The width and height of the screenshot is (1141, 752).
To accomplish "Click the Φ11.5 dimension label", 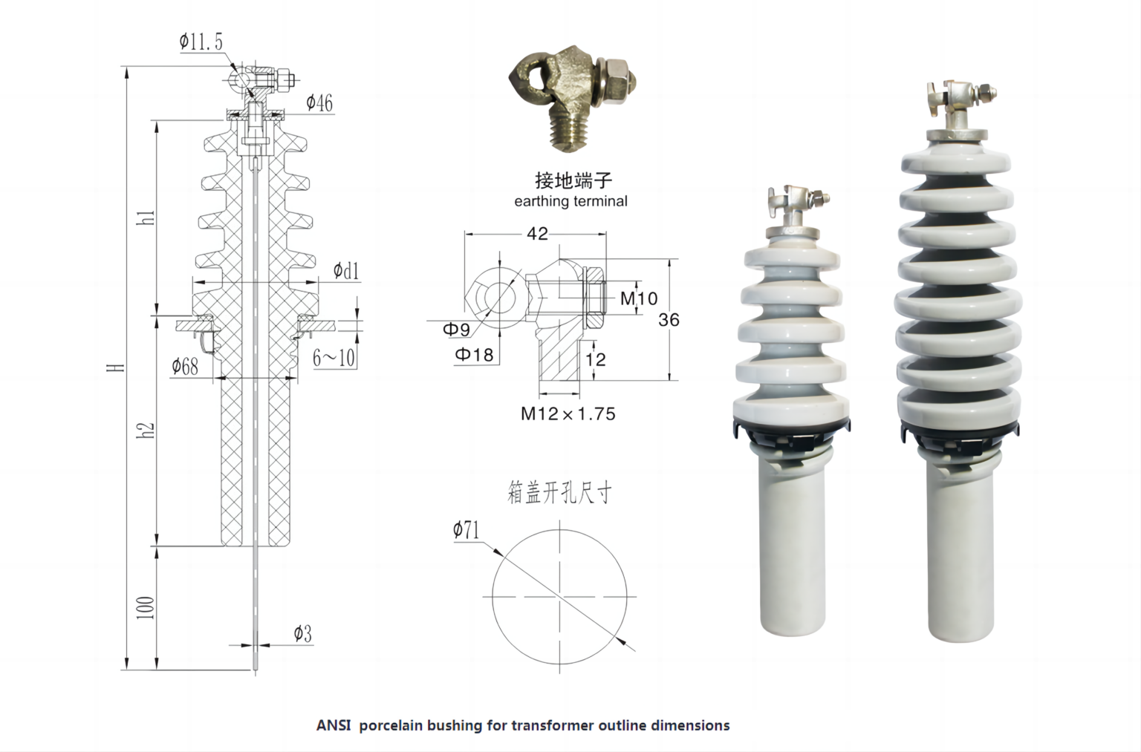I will pos(201,42).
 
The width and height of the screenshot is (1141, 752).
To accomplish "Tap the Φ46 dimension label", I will pos(319,102).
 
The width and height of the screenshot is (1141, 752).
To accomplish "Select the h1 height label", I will pos(147,218).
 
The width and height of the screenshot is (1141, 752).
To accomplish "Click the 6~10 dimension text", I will pos(334,358).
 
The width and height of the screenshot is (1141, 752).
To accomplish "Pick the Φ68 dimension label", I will pos(185,366).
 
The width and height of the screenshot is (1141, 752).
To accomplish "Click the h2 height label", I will pos(147,430).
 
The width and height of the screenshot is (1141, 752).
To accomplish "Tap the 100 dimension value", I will pos(146,606).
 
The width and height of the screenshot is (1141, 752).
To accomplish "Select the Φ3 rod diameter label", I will pos(302,633).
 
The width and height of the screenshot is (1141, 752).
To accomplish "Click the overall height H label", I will pos(115,367).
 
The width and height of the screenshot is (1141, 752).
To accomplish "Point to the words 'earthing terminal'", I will pos(570,201).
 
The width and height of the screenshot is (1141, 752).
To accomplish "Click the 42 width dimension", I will pos(537,234).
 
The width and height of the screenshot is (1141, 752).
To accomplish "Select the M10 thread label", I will pos(639,298).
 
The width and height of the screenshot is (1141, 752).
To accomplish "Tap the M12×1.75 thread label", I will pos(568,413).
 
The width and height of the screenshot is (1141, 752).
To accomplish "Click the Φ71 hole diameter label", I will pos(467,530).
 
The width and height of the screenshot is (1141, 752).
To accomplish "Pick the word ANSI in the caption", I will pos(334,725).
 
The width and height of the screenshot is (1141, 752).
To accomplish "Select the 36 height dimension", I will pos(669,319).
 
